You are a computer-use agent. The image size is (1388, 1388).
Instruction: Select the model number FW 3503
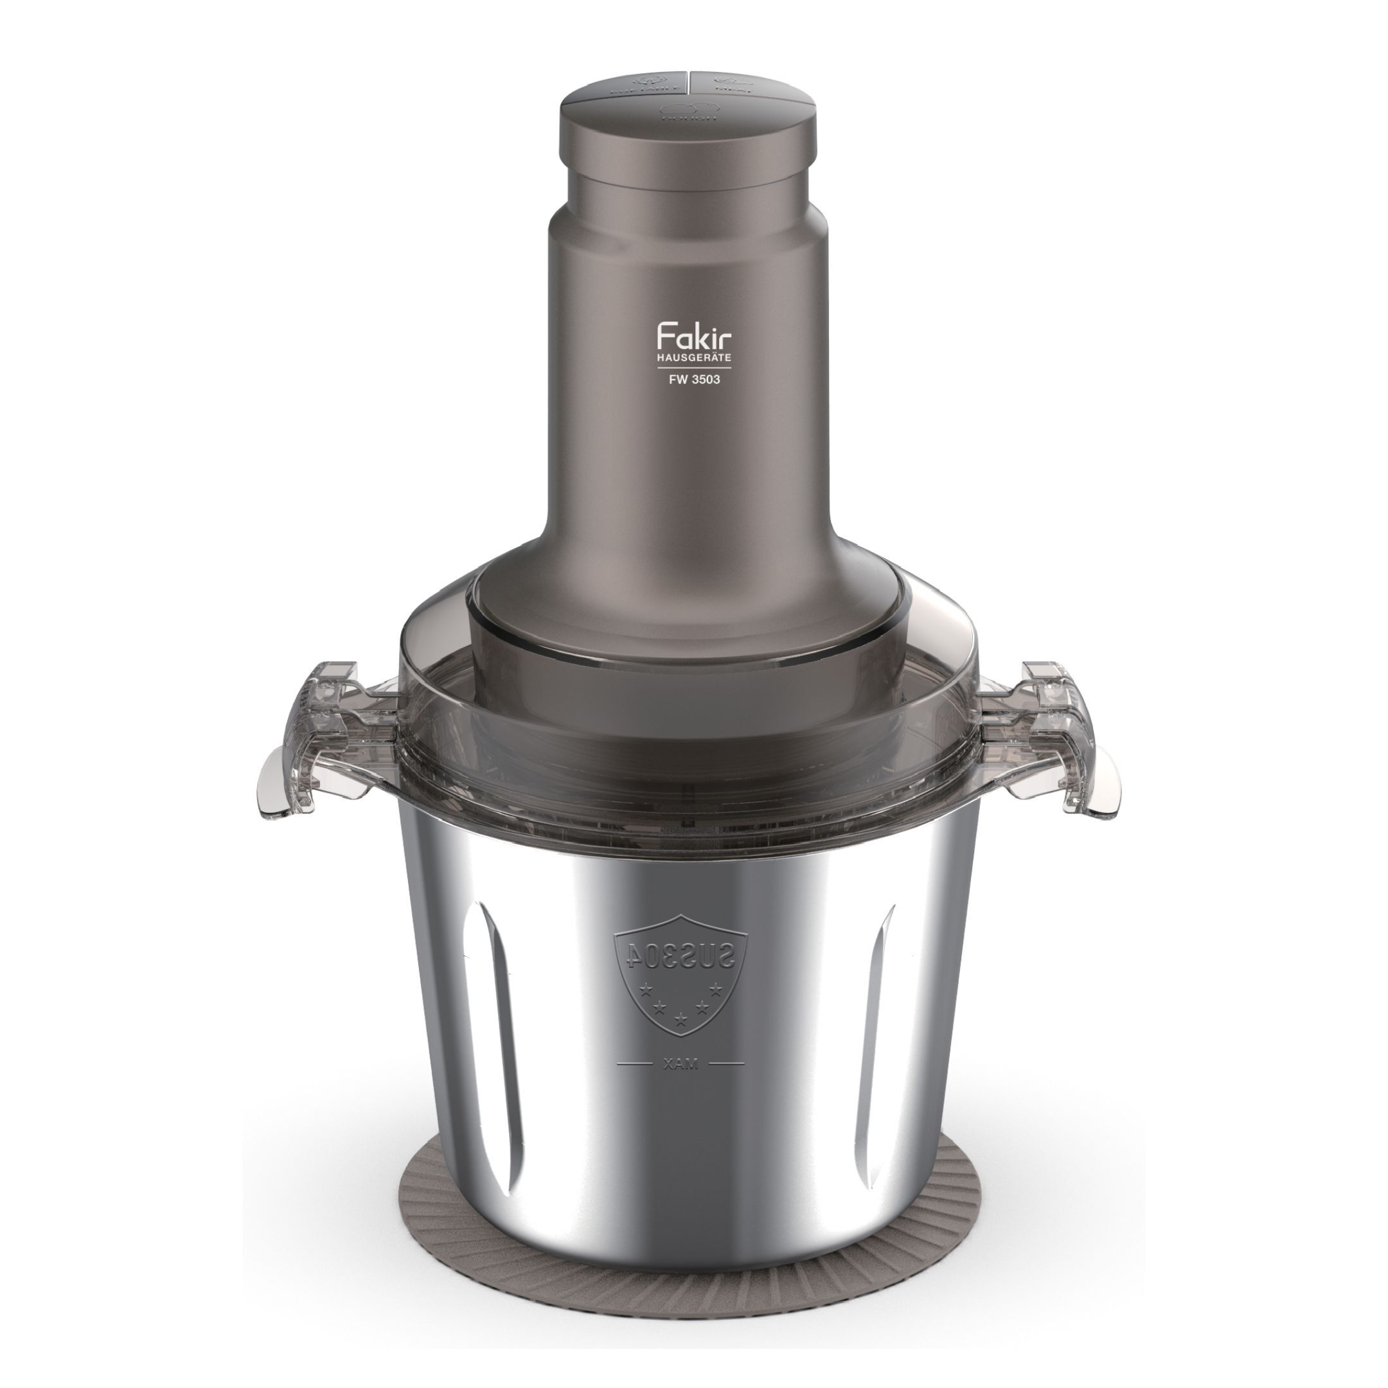694,379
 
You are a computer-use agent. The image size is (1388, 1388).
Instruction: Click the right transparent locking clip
1063,740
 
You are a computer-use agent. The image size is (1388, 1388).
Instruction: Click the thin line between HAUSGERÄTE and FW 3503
694,368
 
